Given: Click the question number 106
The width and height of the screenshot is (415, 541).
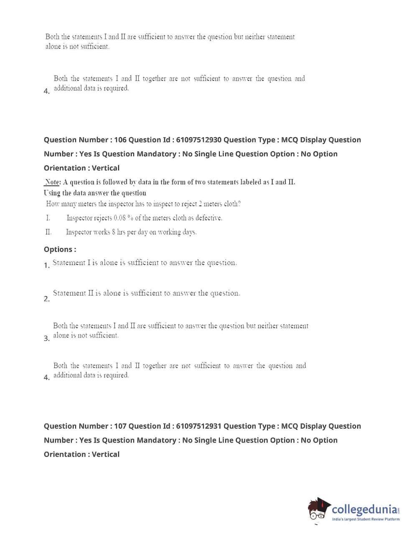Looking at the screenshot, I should click(x=120, y=140).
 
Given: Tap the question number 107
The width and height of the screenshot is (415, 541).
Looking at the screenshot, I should click(x=120, y=426).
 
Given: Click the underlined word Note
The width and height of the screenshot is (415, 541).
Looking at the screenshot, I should click(x=53, y=182).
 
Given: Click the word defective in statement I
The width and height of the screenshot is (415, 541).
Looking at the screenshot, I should click(x=209, y=218).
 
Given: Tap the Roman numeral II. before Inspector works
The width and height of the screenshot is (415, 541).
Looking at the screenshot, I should click(x=48, y=232).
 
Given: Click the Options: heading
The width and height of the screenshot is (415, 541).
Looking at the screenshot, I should click(x=60, y=250).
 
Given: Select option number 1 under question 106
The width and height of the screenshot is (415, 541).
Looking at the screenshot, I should click(x=46, y=265).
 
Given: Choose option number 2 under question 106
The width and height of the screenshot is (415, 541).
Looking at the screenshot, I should click(x=46, y=299).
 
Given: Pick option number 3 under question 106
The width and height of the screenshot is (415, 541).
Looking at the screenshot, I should click(x=46, y=339).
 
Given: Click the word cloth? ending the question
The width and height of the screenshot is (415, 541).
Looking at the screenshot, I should click(x=232, y=204).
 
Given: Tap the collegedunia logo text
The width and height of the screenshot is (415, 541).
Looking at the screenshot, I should click(x=364, y=509).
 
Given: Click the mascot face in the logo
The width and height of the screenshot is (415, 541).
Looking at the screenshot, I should click(x=318, y=510).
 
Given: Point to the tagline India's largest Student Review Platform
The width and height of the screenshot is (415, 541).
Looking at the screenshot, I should click(x=366, y=519).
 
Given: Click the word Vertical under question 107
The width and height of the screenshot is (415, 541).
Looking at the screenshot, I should click(x=105, y=455).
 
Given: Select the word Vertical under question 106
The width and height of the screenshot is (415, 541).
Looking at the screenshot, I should click(x=105, y=168).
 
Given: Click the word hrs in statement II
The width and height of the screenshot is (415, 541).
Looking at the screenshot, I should click(x=121, y=232).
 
